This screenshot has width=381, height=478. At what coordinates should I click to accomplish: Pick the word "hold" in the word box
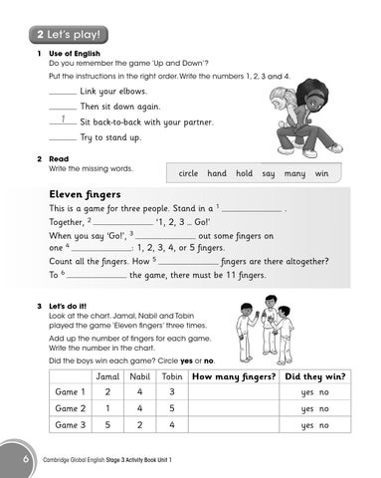(245, 173)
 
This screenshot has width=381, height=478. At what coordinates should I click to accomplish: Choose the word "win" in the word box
(321, 173)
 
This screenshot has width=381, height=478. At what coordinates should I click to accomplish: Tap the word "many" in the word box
(293, 173)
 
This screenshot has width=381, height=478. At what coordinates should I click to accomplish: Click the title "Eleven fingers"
(85, 194)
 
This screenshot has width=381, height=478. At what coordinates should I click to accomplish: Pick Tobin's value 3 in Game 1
(172, 392)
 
